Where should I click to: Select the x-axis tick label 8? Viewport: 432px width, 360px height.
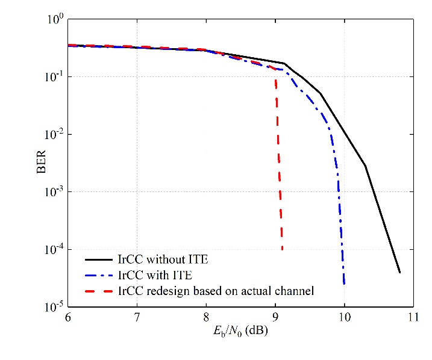pyautogui.click(x=206, y=317)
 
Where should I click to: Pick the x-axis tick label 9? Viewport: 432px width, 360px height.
pyautogui.click(x=275, y=317)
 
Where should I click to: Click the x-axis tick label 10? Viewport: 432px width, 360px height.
pyautogui.click(x=344, y=317)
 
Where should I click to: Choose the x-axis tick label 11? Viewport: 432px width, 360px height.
pyautogui.click(x=413, y=317)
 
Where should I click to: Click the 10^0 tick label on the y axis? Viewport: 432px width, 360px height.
pyautogui.click(x=55, y=19)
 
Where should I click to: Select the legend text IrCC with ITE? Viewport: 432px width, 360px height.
pyautogui.click(x=155, y=276)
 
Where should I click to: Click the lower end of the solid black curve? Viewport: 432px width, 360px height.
pyautogui.click(x=399, y=272)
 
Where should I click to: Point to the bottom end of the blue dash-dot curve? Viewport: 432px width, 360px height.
pyautogui.click(x=344, y=284)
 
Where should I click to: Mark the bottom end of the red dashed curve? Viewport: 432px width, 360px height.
pyautogui.click(x=282, y=250)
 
